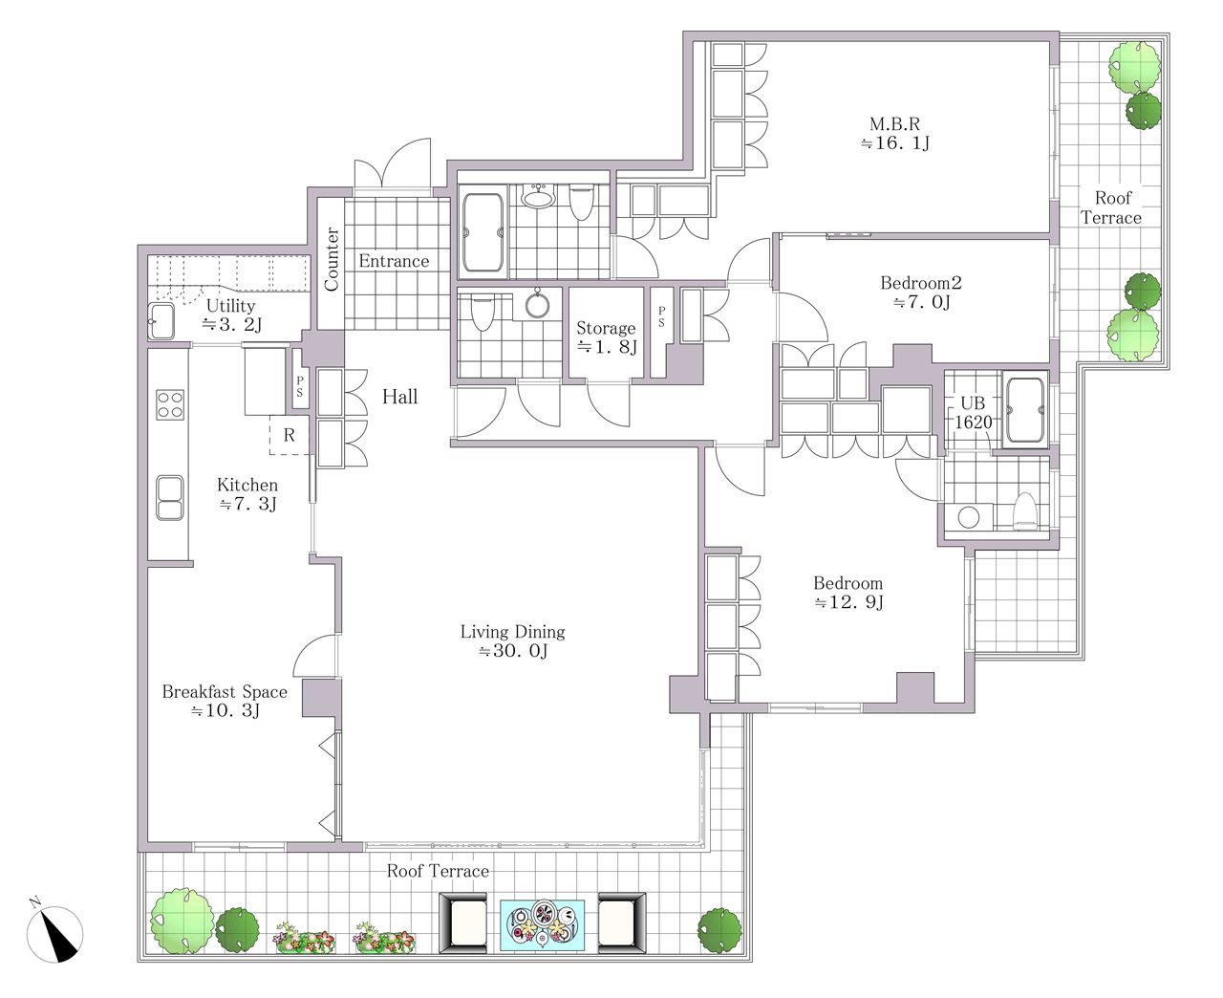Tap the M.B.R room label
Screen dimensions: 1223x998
click(894, 124)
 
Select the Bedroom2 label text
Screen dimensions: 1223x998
click(921, 283)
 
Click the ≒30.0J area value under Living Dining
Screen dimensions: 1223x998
click(513, 651)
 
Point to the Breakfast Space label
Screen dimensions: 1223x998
click(225, 692)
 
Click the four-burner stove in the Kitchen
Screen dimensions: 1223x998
click(170, 405)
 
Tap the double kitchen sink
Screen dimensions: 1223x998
click(170, 498)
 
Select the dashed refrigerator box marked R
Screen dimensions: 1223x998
click(289, 435)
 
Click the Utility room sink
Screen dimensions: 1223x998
click(161, 321)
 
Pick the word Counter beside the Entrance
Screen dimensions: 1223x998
click(332, 259)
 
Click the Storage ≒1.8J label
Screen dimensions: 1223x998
click(607, 337)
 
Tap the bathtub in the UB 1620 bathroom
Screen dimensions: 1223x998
click(1025, 411)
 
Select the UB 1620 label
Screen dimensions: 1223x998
click(973, 413)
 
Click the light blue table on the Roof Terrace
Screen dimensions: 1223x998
click(542, 925)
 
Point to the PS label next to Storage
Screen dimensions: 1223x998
click(661, 316)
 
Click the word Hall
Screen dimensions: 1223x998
click(399, 397)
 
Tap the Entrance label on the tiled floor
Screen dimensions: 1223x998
click(394, 261)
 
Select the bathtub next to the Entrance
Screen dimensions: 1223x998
click(483, 232)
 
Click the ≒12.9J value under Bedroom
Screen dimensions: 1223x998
click(848, 602)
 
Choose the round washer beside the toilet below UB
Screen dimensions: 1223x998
click(969, 517)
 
